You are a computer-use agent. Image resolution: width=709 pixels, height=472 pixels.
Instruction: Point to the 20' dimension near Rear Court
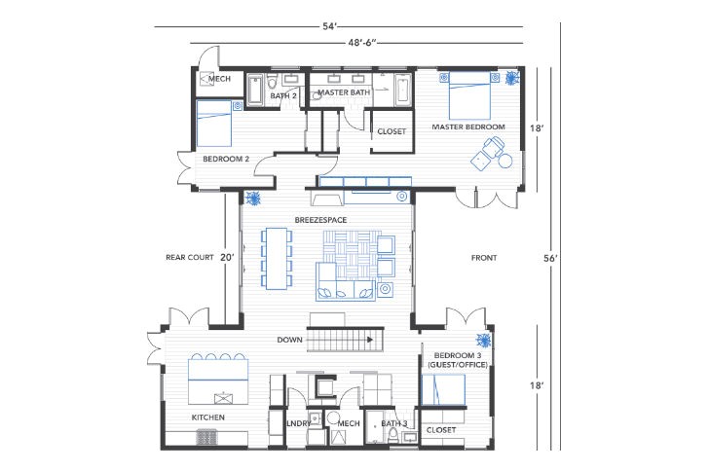tap(227, 258)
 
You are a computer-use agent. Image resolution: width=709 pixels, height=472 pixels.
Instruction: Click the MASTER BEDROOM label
tap(468, 127)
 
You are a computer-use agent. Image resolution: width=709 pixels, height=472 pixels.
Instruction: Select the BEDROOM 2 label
tap(226, 159)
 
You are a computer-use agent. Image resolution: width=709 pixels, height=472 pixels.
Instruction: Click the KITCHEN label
tap(208, 418)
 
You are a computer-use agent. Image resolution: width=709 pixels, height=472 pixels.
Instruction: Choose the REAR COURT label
tap(189, 258)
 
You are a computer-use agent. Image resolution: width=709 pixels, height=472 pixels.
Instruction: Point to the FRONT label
tap(484, 258)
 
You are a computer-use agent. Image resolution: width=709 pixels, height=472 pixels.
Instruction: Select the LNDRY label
tap(298, 423)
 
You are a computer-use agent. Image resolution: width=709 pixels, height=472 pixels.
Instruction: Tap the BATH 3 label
tap(393, 423)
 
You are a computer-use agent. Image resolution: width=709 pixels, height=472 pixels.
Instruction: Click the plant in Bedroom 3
tap(483, 340)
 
